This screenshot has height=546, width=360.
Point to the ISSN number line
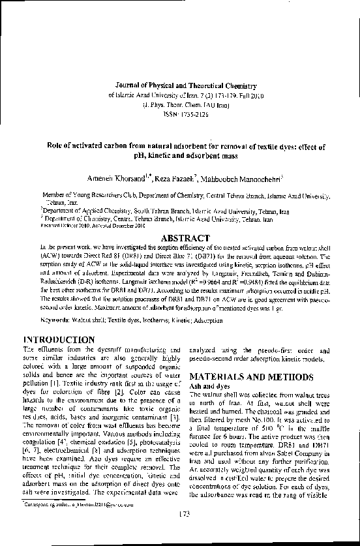pos(179,113)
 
